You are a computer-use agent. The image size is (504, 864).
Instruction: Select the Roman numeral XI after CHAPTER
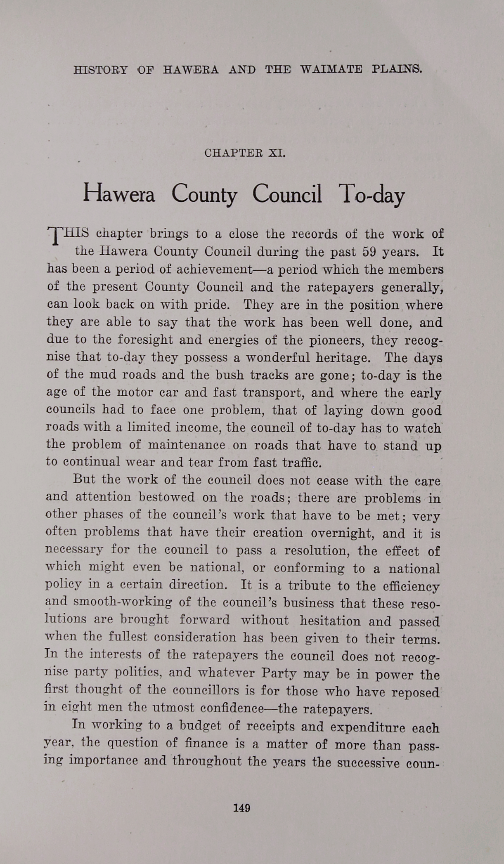(x=277, y=153)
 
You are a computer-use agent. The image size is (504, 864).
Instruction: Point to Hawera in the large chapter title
(x=119, y=194)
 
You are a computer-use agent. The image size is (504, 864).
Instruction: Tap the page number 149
(x=241, y=808)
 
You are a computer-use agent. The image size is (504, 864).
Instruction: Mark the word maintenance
(x=186, y=445)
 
